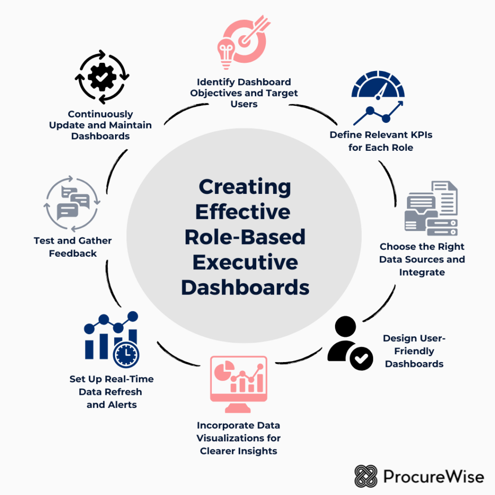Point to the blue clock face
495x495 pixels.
click(x=126, y=355)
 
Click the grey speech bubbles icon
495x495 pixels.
click(x=73, y=204)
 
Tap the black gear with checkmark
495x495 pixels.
click(x=102, y=77)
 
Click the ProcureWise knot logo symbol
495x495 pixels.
click(x=366, y=476)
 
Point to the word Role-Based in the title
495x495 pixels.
click(x=245, y=237)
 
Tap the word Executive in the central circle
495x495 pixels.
click(x=245, y=262)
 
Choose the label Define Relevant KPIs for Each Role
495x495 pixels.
click(x=381, y=141)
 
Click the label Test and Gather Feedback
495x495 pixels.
click(x=73, y=247)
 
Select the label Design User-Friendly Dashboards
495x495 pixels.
click(x=414, y=351)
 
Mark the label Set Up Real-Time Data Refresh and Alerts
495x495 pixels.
click(x=112, y=392)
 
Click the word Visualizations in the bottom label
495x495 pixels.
click(x=238, y=438)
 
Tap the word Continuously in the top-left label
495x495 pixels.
click(x=101, y=114)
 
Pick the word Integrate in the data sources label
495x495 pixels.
click(x=422, y=272)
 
